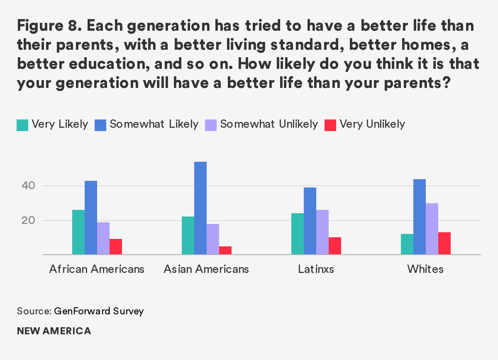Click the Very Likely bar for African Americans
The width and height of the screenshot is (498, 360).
click(x=78, y=232)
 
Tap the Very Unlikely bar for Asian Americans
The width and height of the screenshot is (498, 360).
click(x=225, y=251)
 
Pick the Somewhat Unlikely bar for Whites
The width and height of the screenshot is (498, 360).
click(x=432, y=229)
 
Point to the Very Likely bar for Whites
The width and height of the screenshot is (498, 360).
click(x=407, y=244)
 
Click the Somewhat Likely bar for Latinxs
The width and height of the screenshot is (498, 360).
click(x=310, y=221)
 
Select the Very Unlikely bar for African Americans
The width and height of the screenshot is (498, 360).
click(x=116, y=247)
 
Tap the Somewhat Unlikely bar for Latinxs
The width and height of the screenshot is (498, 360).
click(x=322, y=232)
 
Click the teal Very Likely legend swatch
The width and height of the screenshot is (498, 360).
click(x=22, y=125)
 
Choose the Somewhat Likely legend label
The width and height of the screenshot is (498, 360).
click(x=154, y=124)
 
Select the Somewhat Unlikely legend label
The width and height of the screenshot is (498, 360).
click(x=269, y=124)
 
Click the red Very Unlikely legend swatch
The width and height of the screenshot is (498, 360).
click(x=330, y=125)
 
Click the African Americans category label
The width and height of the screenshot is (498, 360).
click(x=97, y=269)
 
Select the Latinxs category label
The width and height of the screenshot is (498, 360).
click(x=316, y=269)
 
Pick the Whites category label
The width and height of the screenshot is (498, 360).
click(x=425, y=269)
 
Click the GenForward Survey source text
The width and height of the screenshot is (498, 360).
click(x=99, y=311)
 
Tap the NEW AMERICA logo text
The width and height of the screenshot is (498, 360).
click(x=54, y=331)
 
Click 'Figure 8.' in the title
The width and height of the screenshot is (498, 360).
click(x=46, y=28)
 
